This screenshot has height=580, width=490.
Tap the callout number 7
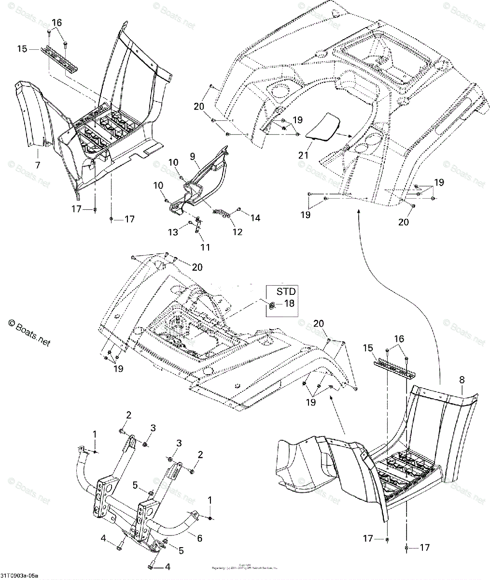click(37, 165)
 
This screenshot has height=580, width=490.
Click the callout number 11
click(205, 247)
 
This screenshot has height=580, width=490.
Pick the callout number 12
click(237, 232)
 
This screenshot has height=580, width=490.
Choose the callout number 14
click(255, 218)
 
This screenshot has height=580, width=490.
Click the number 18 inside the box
click(289, 304)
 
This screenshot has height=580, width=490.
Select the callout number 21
click(303, 155)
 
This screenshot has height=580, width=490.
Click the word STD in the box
click(286, 292)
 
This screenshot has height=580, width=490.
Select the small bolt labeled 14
click(238, 209)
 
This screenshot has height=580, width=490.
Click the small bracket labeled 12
click(221, 213)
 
